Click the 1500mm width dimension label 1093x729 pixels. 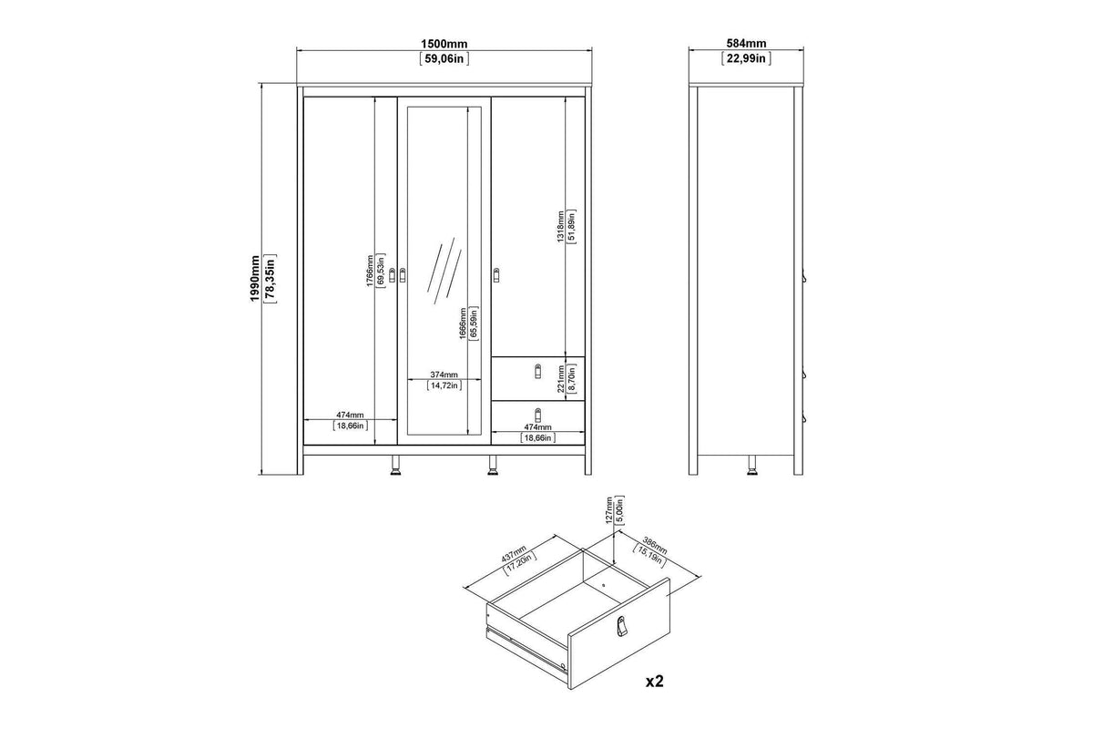[444, 44]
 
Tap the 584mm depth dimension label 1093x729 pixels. [746, 44]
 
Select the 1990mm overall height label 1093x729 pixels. [255, 278]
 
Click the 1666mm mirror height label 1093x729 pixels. [463, 323]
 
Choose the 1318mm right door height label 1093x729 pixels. [561, 226]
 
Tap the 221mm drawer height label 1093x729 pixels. [561, 379]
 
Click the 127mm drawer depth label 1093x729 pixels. [609, 510]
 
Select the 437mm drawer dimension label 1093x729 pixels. [515, 553]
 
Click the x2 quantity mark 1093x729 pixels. [655, 681]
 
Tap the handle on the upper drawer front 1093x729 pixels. [538, 371]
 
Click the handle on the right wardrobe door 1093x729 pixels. [496, 275]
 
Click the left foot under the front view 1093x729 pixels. [395, 466]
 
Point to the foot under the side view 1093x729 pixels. [752, 466]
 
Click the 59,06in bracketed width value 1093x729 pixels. [444, 59]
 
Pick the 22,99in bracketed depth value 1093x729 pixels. [746, 58]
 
